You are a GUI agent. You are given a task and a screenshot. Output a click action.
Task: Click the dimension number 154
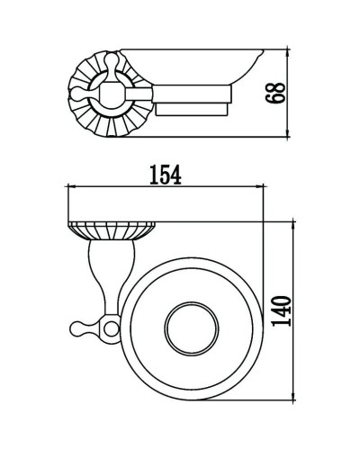click(x=165, y=175)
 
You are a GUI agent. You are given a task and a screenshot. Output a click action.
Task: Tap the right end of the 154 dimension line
click(x=264, y=187)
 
